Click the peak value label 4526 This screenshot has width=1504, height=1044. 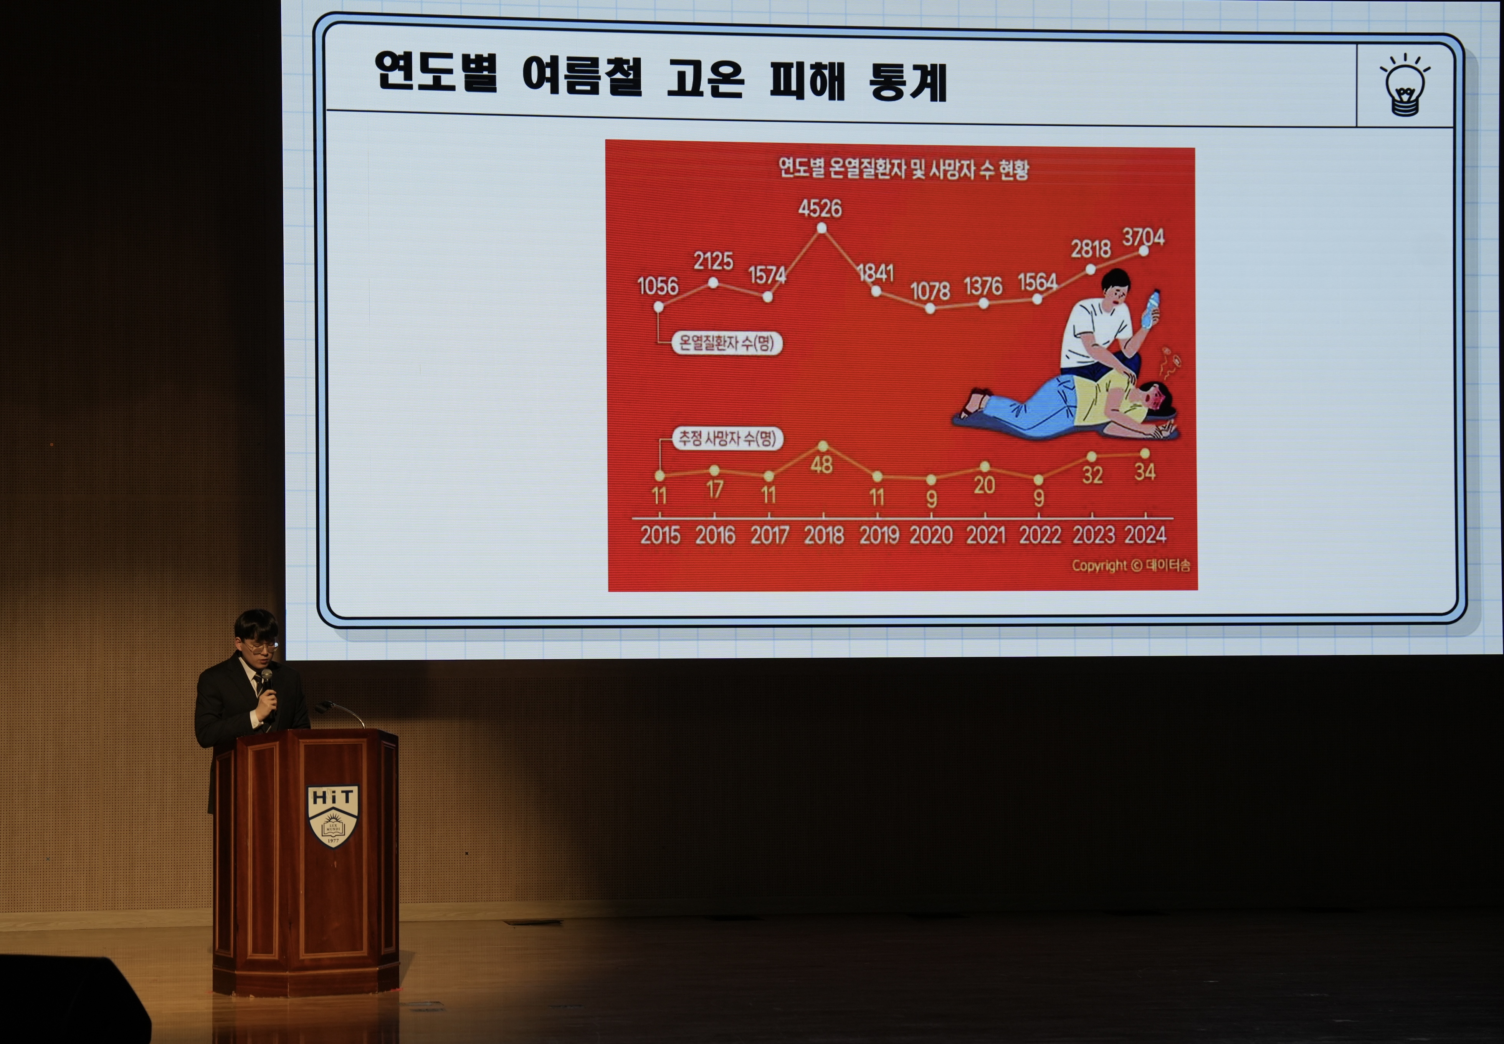[x=820, y=208]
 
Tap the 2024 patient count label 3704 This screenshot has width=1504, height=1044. [x=1144, y=237]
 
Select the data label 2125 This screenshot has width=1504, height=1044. [x=713, y=261]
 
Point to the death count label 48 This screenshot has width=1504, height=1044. [x=821, y=465]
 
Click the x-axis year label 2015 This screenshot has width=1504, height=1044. [x=661, y=536]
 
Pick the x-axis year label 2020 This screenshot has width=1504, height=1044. [x=931, y=535]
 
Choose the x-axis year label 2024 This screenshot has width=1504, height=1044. [x=1145, y=534]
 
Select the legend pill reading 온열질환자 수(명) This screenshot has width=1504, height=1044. [x=727, y=343]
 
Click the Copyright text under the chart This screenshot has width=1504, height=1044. [x=1130, y=565]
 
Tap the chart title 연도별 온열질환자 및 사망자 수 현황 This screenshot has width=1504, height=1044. [x=904, y=169]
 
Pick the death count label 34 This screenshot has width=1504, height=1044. [x=1145, y=472]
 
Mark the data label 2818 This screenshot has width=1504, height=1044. [x=1091, y=249]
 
